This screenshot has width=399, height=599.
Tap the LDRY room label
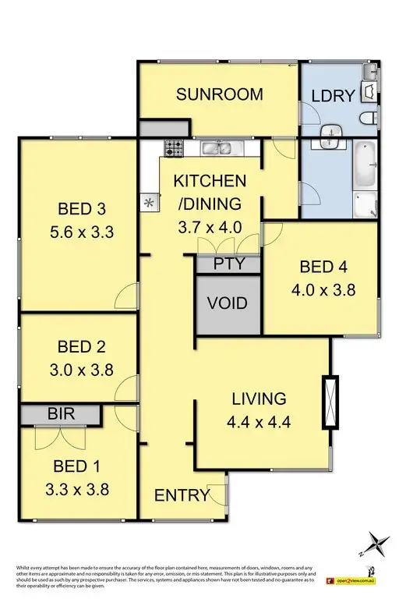[x=333, y=95]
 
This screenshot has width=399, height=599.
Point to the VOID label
[x=228, y=303]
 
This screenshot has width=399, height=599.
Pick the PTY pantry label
[x=228, y=264]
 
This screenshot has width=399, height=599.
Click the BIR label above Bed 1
[x=61, y=414]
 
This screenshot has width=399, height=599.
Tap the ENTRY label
[x=182, y=495]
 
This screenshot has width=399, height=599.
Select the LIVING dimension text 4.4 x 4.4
[x=259, y=425]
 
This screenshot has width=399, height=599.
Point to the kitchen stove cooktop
[x=173, y=147]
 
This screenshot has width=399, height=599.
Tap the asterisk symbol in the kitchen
[x=148, y=204]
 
